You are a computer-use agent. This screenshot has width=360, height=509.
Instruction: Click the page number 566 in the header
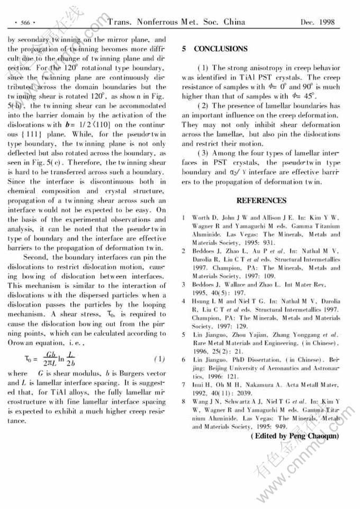point(24,23)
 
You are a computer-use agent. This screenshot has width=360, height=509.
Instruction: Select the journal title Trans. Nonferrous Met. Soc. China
point(176,22)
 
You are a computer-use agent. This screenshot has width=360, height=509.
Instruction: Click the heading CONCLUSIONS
point(221,49)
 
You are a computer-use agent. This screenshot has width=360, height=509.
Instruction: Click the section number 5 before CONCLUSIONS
point(184,49)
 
